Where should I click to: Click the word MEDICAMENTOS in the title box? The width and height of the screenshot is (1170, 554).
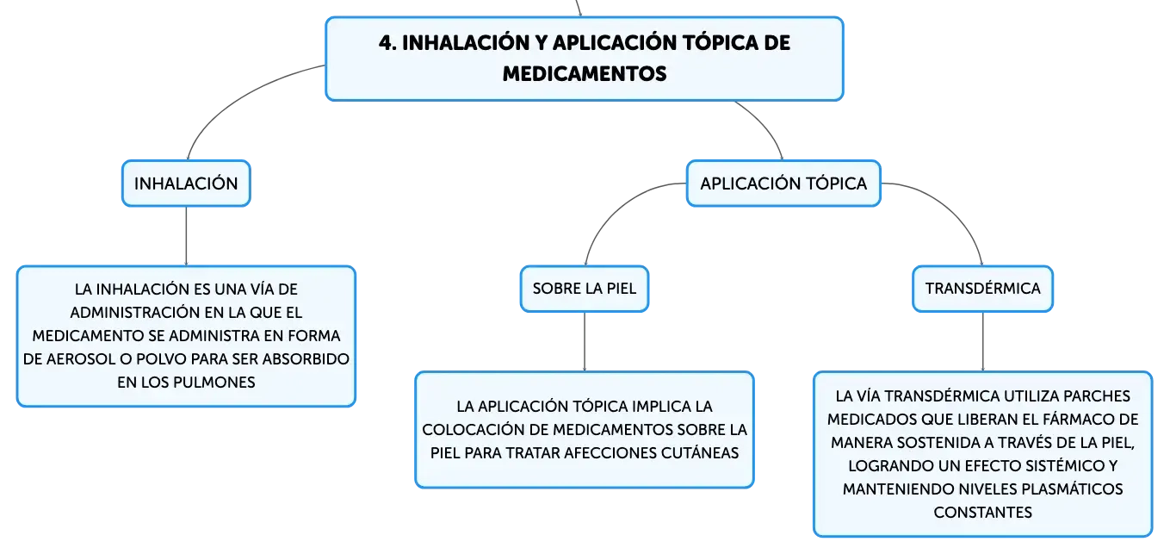pyautogui.click(x=585, y=74)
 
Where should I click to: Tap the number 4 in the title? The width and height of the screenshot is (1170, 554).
pyautogui.click(x=386, y=43)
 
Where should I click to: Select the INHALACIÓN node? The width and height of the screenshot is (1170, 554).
pyautogui.click(x=186, y=184)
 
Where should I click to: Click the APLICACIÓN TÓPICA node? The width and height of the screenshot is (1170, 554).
pyautogui.click(x=783, y=184)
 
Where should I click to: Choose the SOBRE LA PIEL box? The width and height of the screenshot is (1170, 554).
pyautogui.click(x=585, y=289)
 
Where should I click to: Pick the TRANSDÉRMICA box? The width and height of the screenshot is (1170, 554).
pyautogui.click(x=982, y=289)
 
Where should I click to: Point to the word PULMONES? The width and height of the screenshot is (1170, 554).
pyautogui.click(x=214, y=382)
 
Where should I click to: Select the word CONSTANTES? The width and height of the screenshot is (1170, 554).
pyautogui.click(x=982, y=512)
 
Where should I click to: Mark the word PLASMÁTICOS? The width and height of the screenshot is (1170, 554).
pyautogui.click(x=1072, y=489)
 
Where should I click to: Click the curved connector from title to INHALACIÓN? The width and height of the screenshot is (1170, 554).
pyautogui.click(x=236, y=98)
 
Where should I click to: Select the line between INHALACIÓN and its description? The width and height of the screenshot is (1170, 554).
pyautogui.click(x=186, y=236)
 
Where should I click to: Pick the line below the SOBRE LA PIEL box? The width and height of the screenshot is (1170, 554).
pyautogui.click(x=585, y=342)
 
